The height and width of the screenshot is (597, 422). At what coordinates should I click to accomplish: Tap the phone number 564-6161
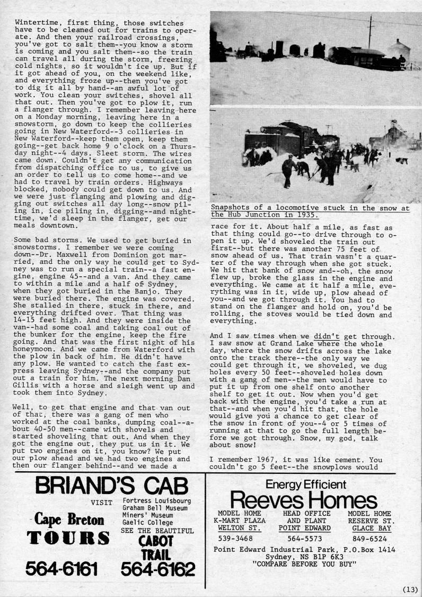[x=61, y=569]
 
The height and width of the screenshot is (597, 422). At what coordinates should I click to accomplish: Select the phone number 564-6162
[x=157, y=569]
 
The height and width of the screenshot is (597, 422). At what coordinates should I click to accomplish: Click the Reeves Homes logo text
[x=304, y=500]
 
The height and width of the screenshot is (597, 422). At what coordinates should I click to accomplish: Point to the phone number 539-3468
[x=236, y=538]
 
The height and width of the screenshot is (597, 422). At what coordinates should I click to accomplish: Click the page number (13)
[x=410, y=589]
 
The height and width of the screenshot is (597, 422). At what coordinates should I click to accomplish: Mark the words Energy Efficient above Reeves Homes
[x=306, y=483]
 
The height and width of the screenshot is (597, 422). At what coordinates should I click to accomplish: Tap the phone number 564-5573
[x=304, y=538]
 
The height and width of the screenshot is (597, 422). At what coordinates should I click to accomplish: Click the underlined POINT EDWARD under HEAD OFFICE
[x=304, y=528]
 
